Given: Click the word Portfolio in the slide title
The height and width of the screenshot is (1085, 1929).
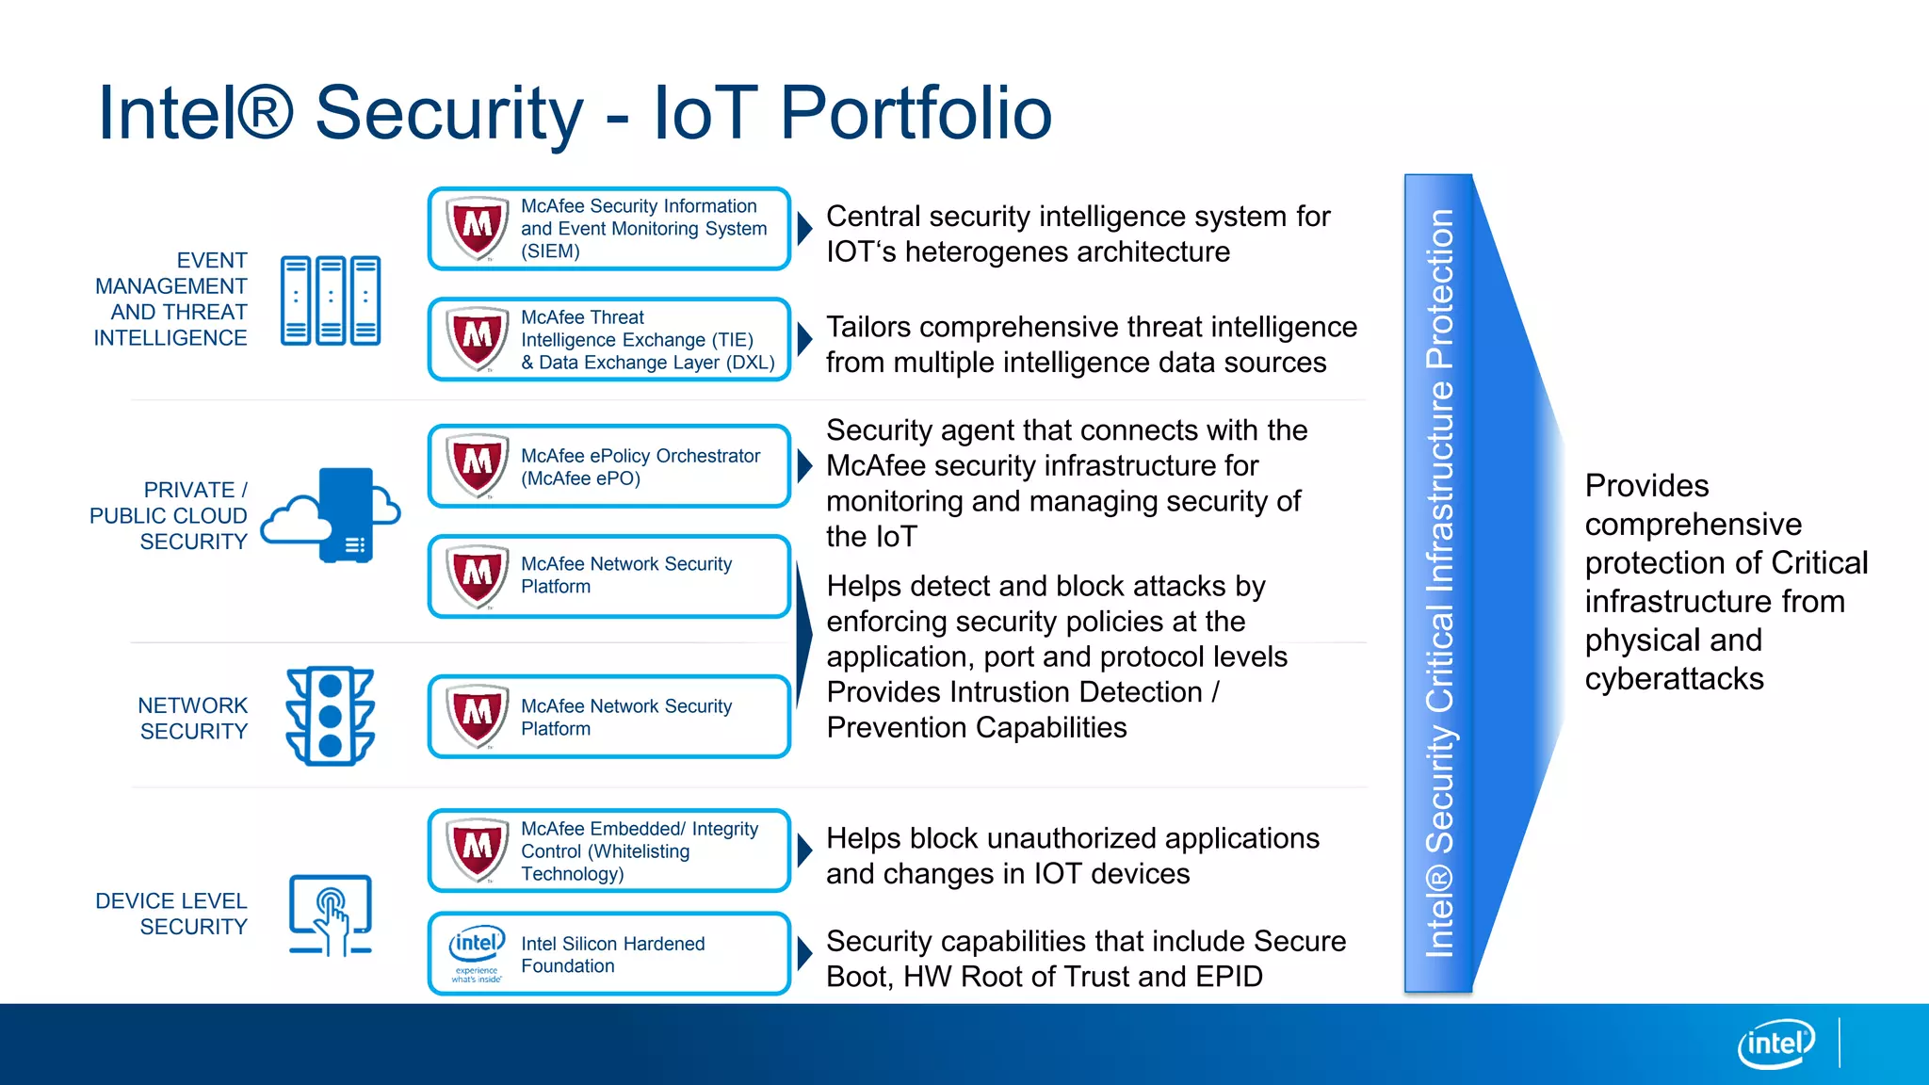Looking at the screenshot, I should (916, 113).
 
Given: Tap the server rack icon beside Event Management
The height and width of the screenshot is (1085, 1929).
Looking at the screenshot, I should (331, 300).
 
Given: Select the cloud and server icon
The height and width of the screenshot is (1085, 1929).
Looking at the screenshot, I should (332, 515).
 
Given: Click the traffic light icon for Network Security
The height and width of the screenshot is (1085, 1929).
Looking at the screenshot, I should (331, 716).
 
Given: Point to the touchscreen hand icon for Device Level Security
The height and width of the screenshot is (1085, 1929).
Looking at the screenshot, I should (331, 915).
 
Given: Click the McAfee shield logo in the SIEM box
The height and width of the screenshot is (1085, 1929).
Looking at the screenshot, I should (477, 228).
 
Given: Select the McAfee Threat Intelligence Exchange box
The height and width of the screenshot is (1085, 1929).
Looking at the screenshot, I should (609, 340).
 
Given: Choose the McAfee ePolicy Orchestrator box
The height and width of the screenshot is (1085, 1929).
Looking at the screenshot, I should (609, 466).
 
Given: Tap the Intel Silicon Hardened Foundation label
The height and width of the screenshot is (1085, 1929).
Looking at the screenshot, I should (612, 954).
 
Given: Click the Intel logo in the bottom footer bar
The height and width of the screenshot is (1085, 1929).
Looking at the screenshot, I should (1775, 1044).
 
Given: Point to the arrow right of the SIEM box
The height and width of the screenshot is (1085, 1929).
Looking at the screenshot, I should (804, 228).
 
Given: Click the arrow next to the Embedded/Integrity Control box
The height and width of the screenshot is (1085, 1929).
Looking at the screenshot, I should (804, 850).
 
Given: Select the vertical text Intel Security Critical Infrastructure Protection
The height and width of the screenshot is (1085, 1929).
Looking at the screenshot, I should (1439, 584).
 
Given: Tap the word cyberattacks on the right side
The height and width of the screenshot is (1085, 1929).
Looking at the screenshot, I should (1674, 679).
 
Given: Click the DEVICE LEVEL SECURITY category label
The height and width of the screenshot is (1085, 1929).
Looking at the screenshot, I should (171, 914).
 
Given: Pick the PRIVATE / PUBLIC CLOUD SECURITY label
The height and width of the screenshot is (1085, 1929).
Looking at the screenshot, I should (169, 515).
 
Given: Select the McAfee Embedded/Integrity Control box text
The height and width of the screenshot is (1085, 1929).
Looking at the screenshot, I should (639, 850).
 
